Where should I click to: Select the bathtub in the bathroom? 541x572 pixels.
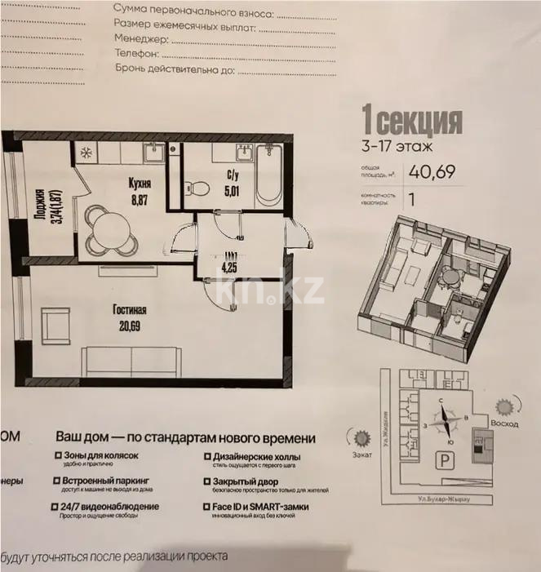[268, 176]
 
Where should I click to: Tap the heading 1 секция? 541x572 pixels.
[412, 122]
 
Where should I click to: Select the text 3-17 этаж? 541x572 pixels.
[397, 148]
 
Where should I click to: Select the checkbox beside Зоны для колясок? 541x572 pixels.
[57, 456]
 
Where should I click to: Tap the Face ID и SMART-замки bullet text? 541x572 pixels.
[259, 507]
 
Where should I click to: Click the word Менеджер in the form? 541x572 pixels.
[141, 39]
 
